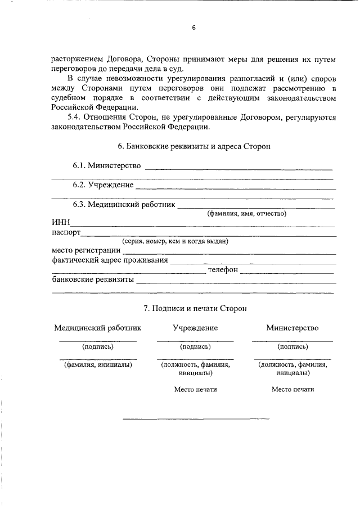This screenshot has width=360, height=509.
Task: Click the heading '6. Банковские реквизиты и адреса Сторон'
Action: [x=195, y=147]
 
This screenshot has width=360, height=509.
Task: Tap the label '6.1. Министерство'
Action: [x=106, y=166]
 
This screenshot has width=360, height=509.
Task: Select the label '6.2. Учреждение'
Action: [x=102, y=185]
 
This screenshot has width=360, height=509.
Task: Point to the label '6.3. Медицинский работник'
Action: [x=123, y=205]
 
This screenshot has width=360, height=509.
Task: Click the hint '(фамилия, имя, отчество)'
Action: [x=247, y=214]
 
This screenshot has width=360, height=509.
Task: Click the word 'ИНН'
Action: [x=60, y=223]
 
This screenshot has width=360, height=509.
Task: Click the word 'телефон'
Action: [x=223, y=270]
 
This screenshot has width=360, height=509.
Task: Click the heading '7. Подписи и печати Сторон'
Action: [x=195, y=309]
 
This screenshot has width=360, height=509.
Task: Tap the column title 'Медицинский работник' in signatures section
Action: [x=98, y=328]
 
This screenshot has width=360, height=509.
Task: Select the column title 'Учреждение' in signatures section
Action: [x=195, y=328]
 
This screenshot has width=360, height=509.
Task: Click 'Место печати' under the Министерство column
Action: [x=292, y=389]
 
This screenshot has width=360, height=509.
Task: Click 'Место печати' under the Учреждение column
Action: [x=195, y=389]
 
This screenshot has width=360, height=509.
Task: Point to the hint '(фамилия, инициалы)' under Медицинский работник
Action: [x=98, y=364]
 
